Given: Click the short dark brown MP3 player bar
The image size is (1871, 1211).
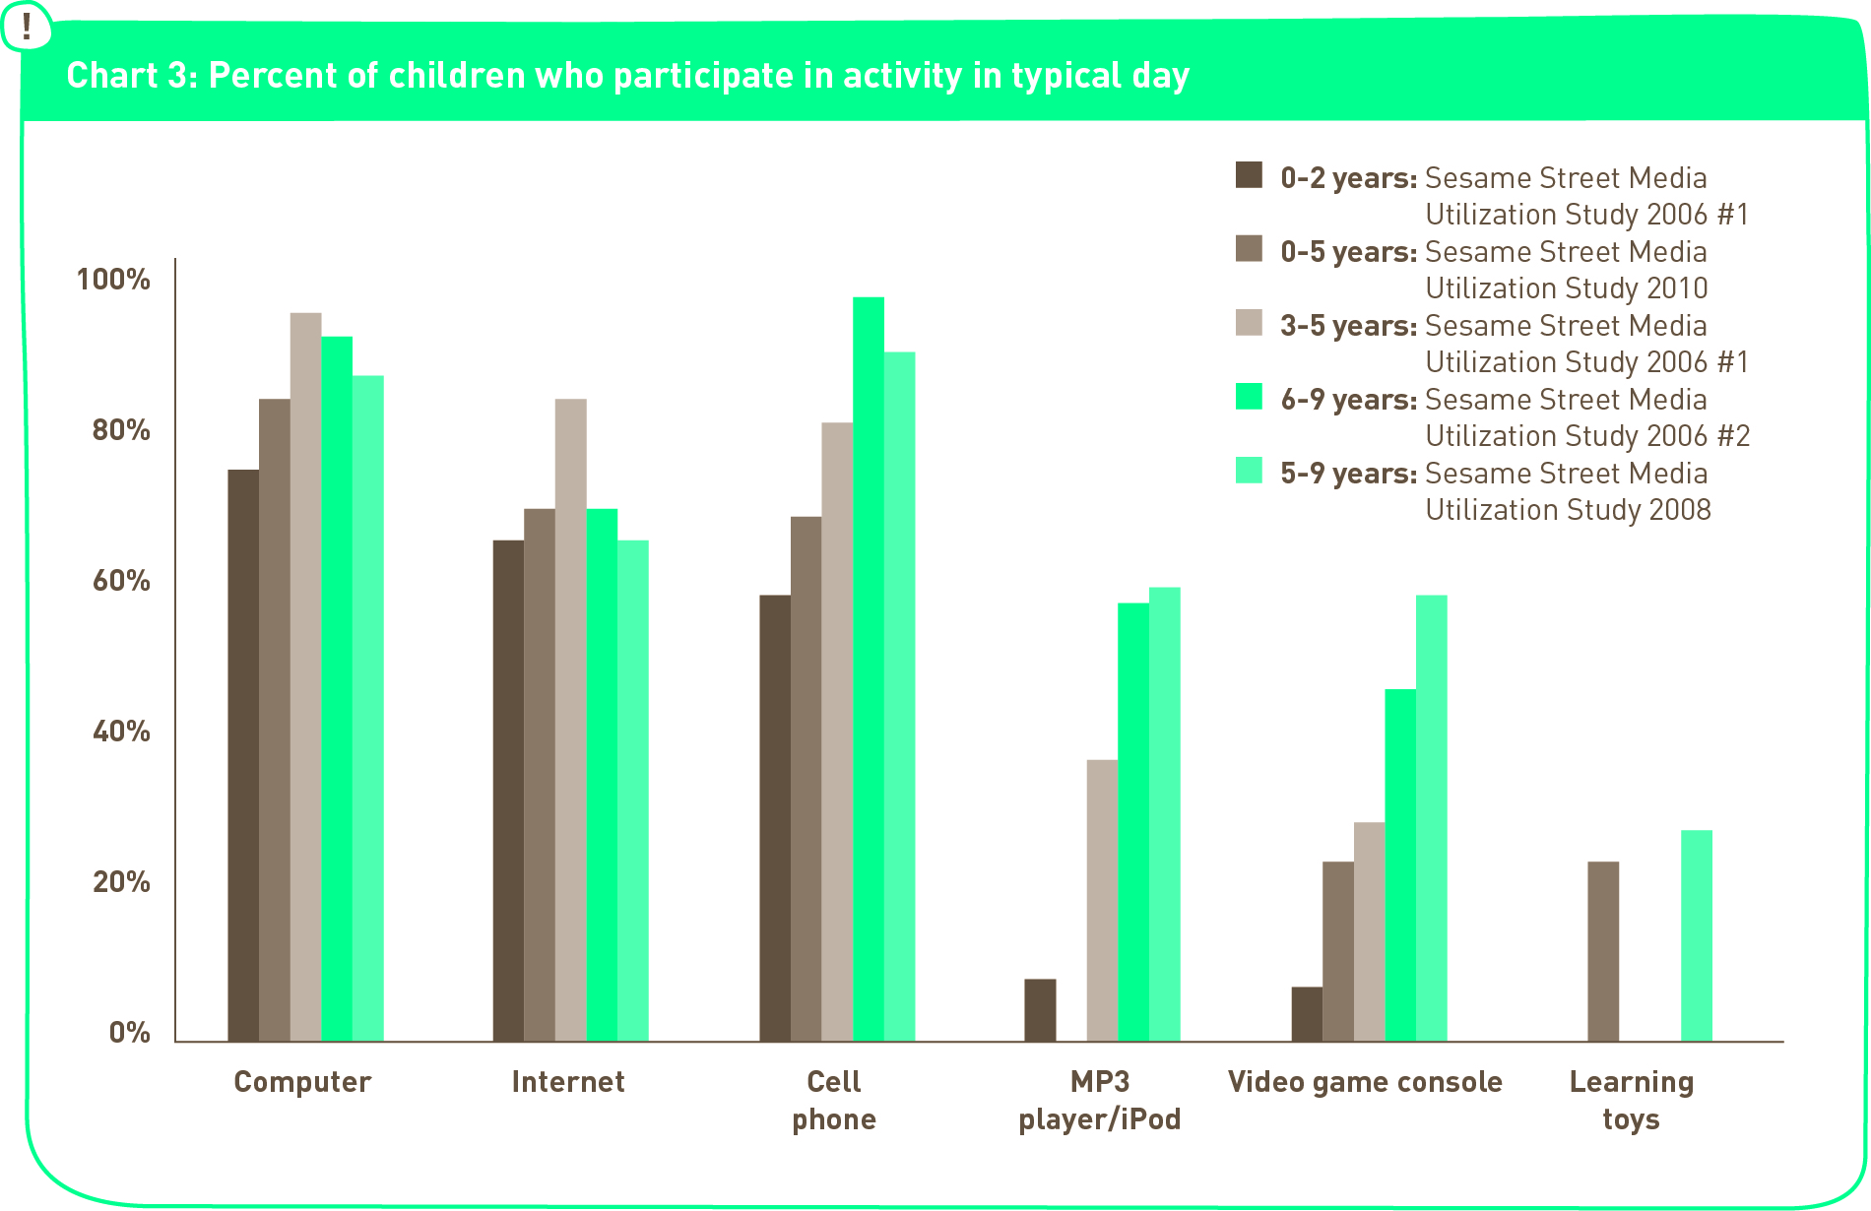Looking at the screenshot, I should coord(1040,1010).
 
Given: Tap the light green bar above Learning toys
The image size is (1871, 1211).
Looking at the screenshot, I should coord(1696,935).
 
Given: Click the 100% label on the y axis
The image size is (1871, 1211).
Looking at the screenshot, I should coord(113,280).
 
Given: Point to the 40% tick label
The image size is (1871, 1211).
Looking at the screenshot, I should coord(121,732).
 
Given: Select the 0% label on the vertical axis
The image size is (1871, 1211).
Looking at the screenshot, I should coord(129,1033).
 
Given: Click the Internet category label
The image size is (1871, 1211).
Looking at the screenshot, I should coord(568,1082).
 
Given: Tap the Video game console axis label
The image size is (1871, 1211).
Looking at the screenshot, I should coord(1365,1082).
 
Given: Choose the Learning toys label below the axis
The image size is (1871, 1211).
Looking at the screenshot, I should coord(1631,1101).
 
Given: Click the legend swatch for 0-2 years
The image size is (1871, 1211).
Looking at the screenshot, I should coord(1249,175).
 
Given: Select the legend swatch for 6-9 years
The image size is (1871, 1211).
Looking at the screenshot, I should coord(1249,397).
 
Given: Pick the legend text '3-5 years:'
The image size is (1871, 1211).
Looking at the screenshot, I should coord(1348,326).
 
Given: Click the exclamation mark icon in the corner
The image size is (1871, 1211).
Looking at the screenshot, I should coord(27,27).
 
